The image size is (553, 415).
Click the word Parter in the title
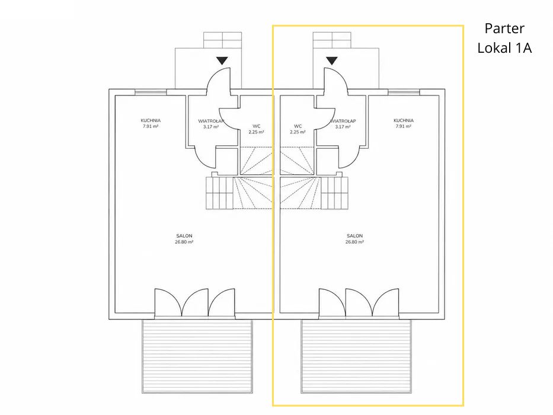(x=504, y=28)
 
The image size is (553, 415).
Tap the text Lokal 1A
(x=504, y=48)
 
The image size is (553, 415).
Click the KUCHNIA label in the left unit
(x=151, y=120)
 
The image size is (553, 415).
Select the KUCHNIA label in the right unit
(x=404, y=120)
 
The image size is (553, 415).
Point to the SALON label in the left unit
(x=184, y=236)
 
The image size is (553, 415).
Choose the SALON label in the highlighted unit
(x=355, y=236)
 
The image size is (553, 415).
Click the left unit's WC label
(x=257, y=126)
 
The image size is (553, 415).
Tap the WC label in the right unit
(x=298, y=126)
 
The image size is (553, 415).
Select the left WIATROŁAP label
(x=211, y=121)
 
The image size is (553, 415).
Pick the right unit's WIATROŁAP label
(x=343, y=121)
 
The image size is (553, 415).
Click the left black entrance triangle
(x=222, y=60)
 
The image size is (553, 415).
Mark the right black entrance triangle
(x=331, y=60)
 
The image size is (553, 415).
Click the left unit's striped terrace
(x=197, y=356)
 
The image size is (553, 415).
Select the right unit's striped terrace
(x=356, y=356)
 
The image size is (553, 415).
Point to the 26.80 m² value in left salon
(x=184, y=242)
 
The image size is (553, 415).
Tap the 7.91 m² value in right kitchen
(x=404, y=126)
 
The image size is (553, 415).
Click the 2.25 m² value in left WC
(x=257, y=132)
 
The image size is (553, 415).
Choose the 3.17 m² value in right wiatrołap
(x=343, y=127)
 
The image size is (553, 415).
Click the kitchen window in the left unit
(x=151, y=92)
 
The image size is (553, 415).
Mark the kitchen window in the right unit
(x=404, y=92)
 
